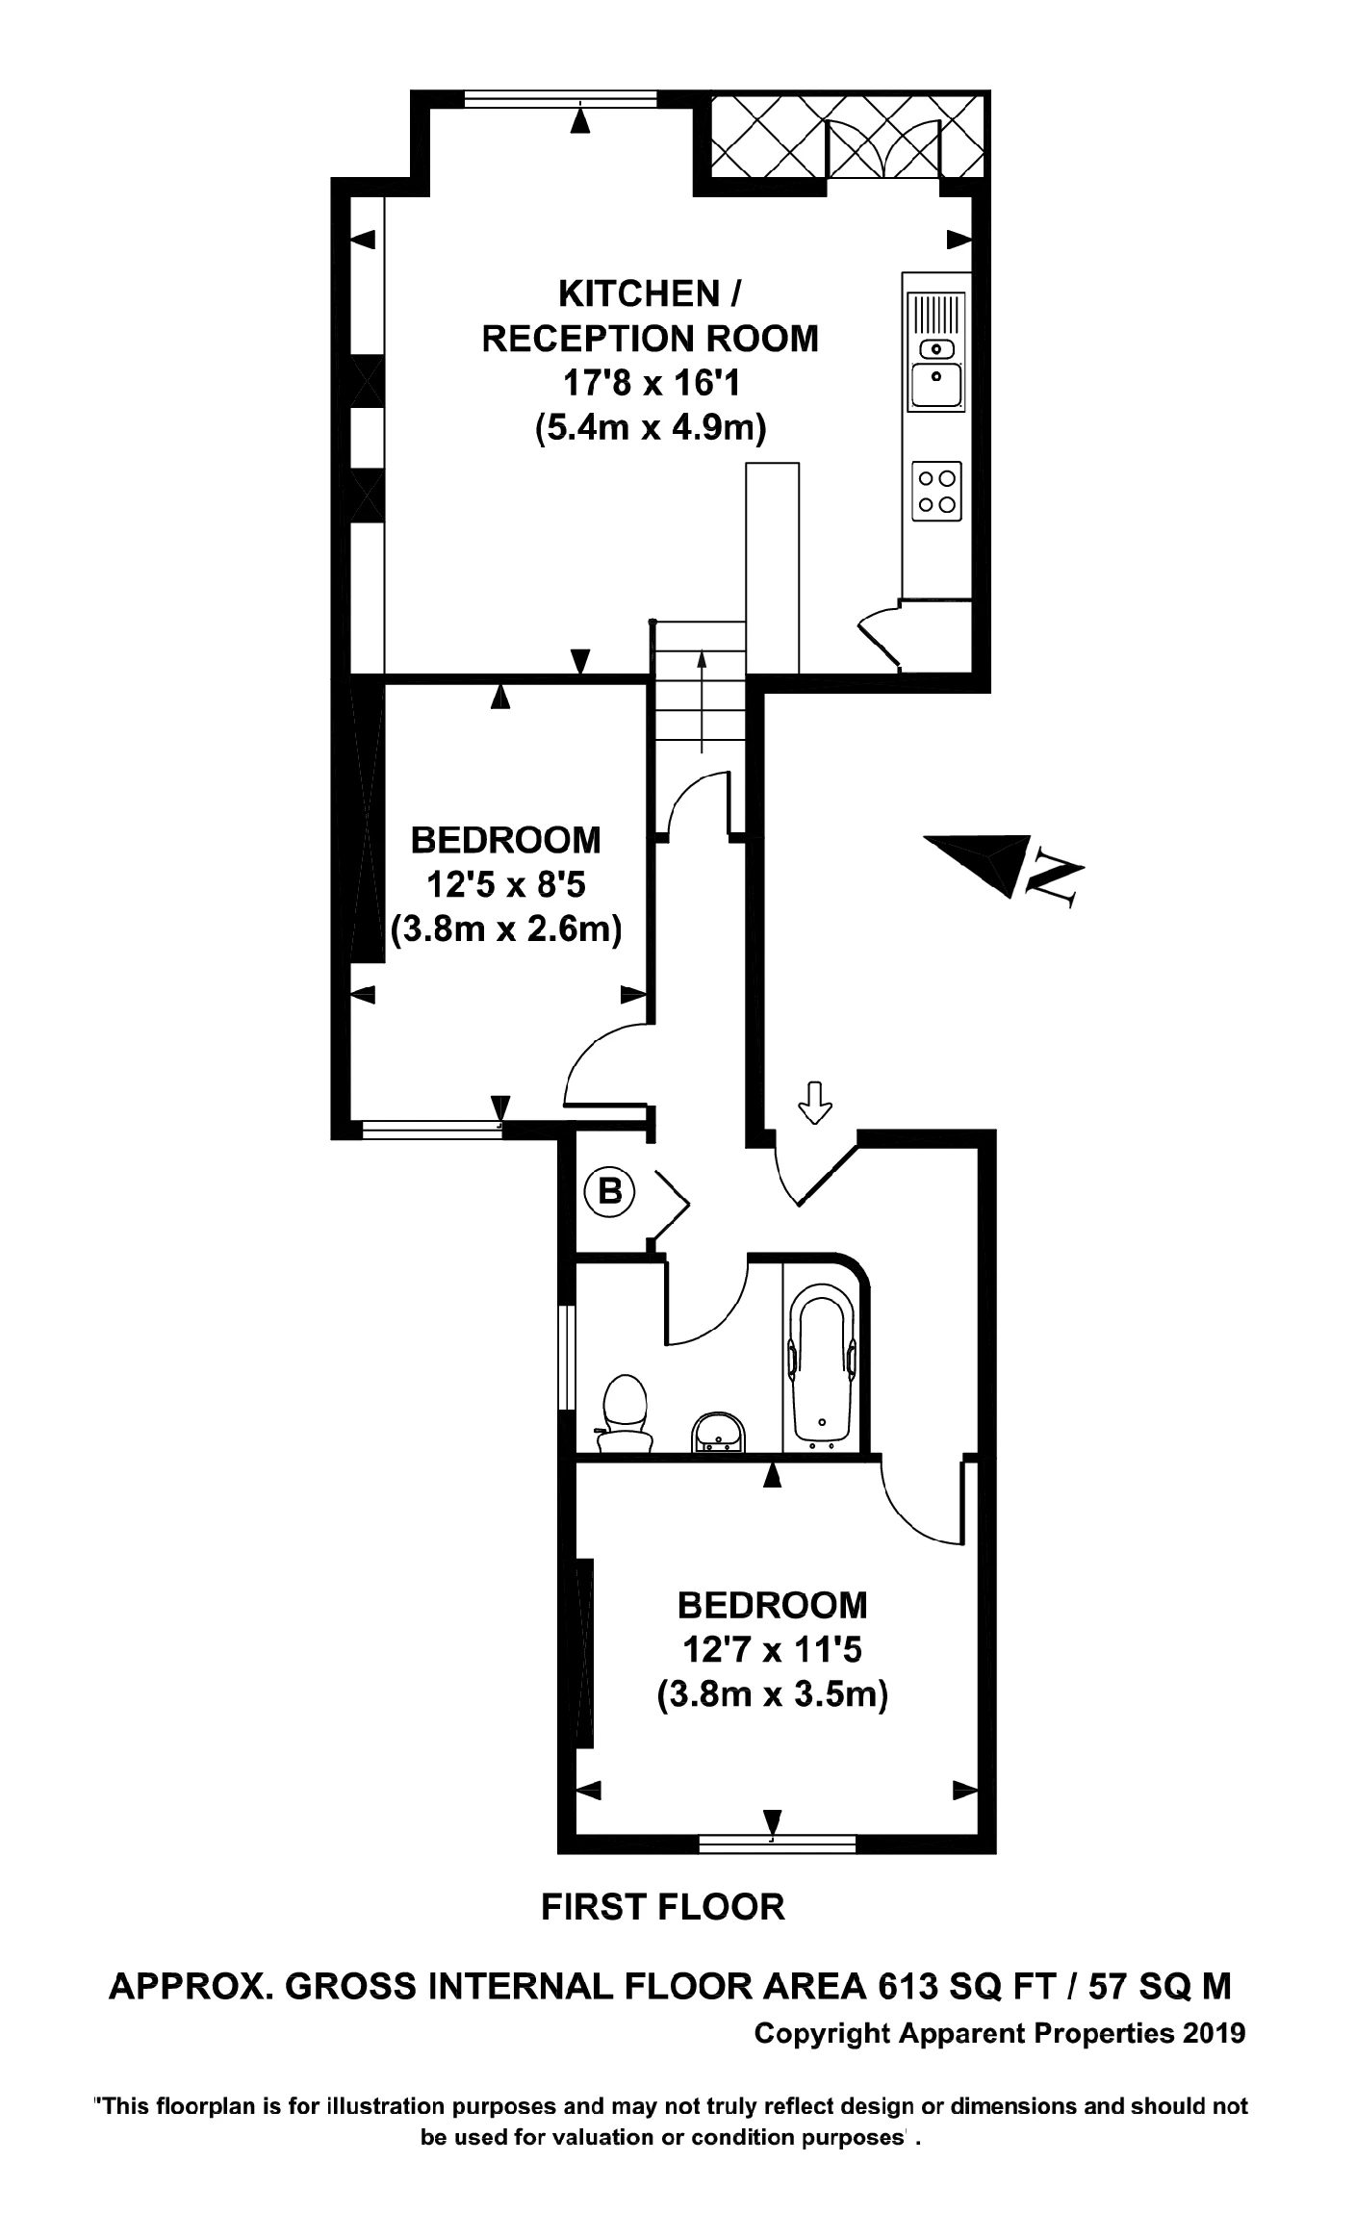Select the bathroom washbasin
click(717, 1433)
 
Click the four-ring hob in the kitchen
click(936, 491)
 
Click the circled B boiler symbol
click(610, 1192)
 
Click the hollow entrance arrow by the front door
click(816, 1102)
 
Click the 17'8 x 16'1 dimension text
click(651, 384)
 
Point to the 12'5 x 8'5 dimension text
click(506, 884)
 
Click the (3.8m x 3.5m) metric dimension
click(772, 1692)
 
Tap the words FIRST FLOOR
click(663, 1906)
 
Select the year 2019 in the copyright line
click(1214, 2033)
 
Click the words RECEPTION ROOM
click(651, 339)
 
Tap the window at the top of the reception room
click(561, 98)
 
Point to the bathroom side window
click(568, 1357)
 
